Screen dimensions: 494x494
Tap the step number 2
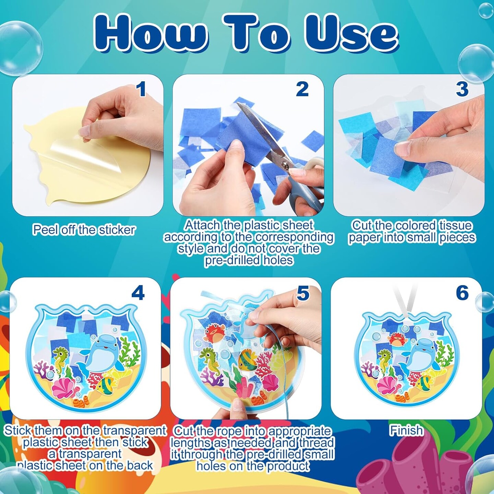click(x=302, y=89)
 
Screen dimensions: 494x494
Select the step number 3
click(x=462, y=89)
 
